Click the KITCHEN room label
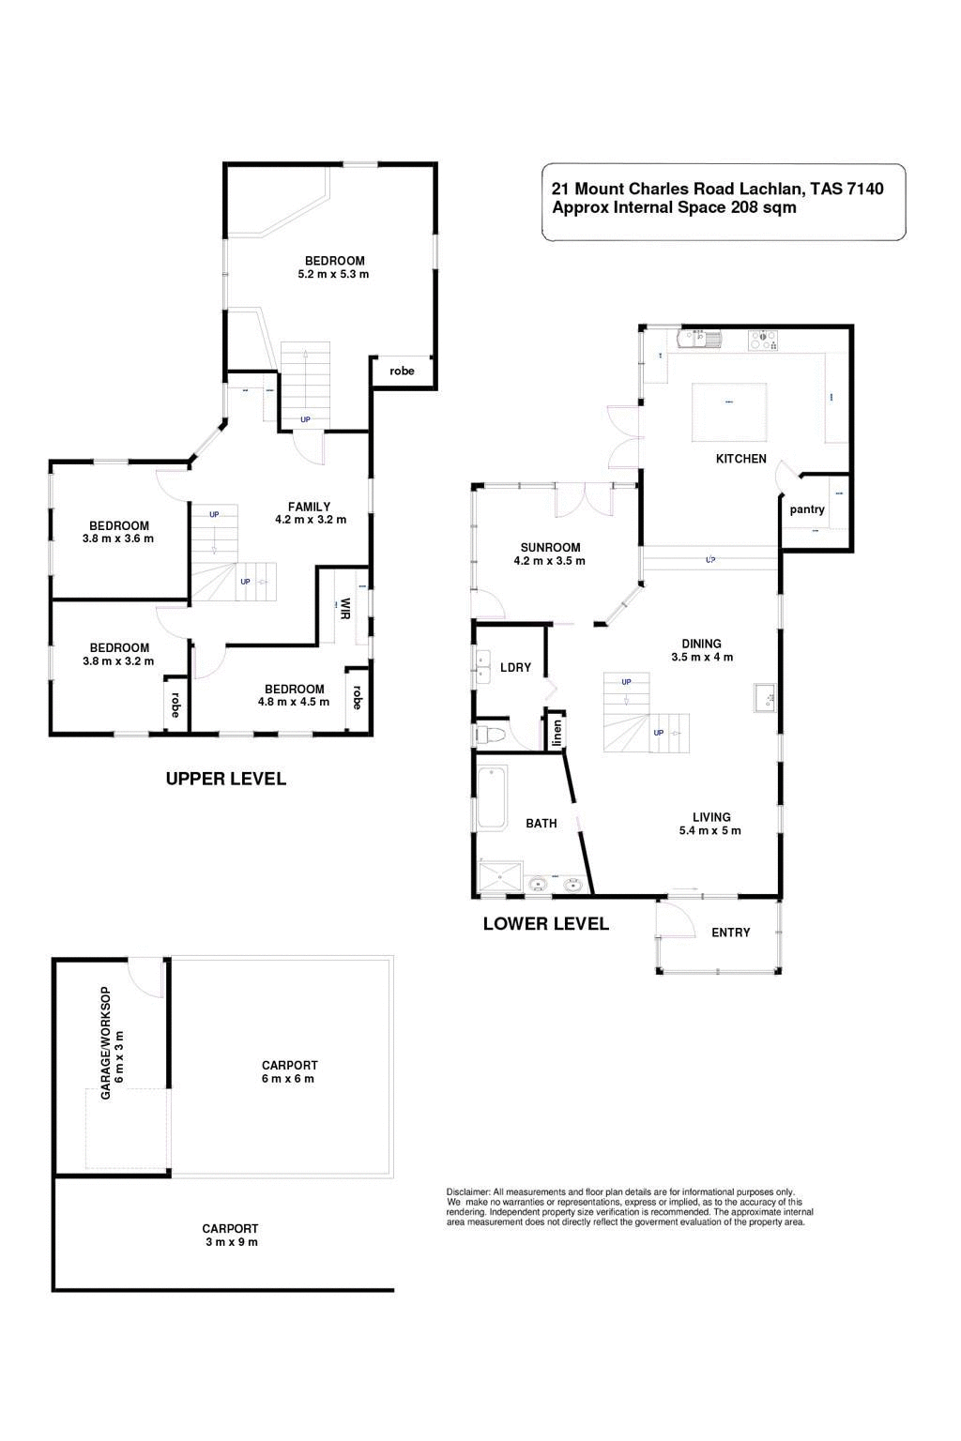(740, 459)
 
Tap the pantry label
(806, 509)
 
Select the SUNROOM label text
(550, 547)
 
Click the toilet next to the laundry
(492, 734)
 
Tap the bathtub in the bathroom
(492, 796)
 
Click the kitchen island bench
(729, 411)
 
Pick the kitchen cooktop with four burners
(763, 340)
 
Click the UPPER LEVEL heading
(225, 779)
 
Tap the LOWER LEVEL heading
(545, 924)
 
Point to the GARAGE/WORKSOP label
(112, 1043)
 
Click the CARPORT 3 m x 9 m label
(230, 1235)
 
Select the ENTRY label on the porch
(730, 933)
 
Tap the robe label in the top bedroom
(402, 372)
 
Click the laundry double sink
(483, 667)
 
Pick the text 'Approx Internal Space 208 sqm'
(674, 208)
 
